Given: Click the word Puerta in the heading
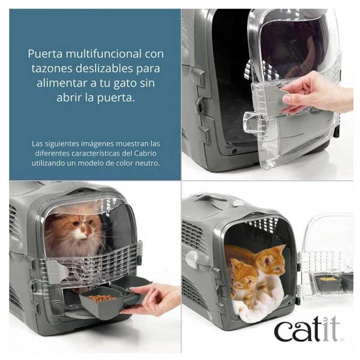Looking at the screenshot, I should pos(44,54).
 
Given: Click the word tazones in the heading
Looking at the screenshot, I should pos(49,68).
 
